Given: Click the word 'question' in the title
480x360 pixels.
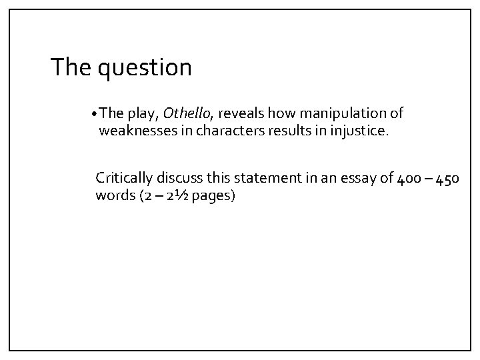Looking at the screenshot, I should pyautogui.click(x=145, y=68).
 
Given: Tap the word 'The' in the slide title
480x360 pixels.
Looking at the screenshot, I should pyautogui.click(x=73, y=67).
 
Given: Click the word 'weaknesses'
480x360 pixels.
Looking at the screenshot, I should pyautogui.click(x=137, y=131).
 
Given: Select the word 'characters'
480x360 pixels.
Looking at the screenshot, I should pyautogui.click(x=217, y=131).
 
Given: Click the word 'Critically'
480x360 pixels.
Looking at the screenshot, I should pyautogui.click(x=124, y=178).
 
